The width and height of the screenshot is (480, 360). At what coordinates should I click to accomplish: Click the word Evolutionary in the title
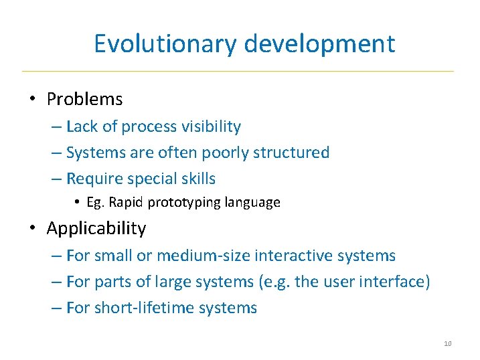point(165,43)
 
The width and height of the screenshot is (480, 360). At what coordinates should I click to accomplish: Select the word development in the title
point(319,43)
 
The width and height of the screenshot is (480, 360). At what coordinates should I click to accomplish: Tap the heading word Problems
point(84,100)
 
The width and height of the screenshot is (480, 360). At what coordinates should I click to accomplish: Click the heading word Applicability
point(96,228)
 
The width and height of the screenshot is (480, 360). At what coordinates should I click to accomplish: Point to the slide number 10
point(447,344)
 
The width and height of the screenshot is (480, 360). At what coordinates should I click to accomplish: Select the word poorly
point(218,153)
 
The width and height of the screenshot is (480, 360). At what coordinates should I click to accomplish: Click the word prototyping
point(177,202)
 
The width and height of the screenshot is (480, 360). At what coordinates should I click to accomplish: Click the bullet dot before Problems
point(32,100)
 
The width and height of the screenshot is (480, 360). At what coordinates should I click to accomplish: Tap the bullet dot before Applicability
point(32,228)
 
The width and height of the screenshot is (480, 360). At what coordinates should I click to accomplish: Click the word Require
point(94,179)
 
